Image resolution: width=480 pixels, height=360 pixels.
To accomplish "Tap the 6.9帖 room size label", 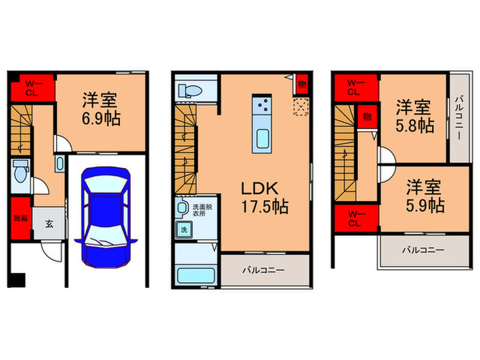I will point(100,109).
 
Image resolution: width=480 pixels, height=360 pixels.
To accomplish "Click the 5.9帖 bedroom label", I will point(423,195).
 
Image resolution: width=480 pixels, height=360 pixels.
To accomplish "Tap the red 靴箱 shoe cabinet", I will point(21,217).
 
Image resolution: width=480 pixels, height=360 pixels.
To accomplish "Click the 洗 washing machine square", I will point(184,230).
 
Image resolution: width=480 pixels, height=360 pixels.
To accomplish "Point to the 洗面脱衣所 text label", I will point(201,208).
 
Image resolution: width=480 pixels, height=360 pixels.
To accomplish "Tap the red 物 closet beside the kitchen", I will point(302,84).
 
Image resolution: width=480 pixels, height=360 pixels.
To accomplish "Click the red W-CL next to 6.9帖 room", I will point(32,86).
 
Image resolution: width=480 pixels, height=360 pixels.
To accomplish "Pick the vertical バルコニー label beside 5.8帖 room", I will point(457,117).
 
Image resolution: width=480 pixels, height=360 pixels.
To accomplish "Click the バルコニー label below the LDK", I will point(263,270).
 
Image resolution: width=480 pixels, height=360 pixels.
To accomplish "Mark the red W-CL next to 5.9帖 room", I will point(353,217).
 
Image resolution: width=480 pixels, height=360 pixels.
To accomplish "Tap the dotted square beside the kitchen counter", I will point(300,106).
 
